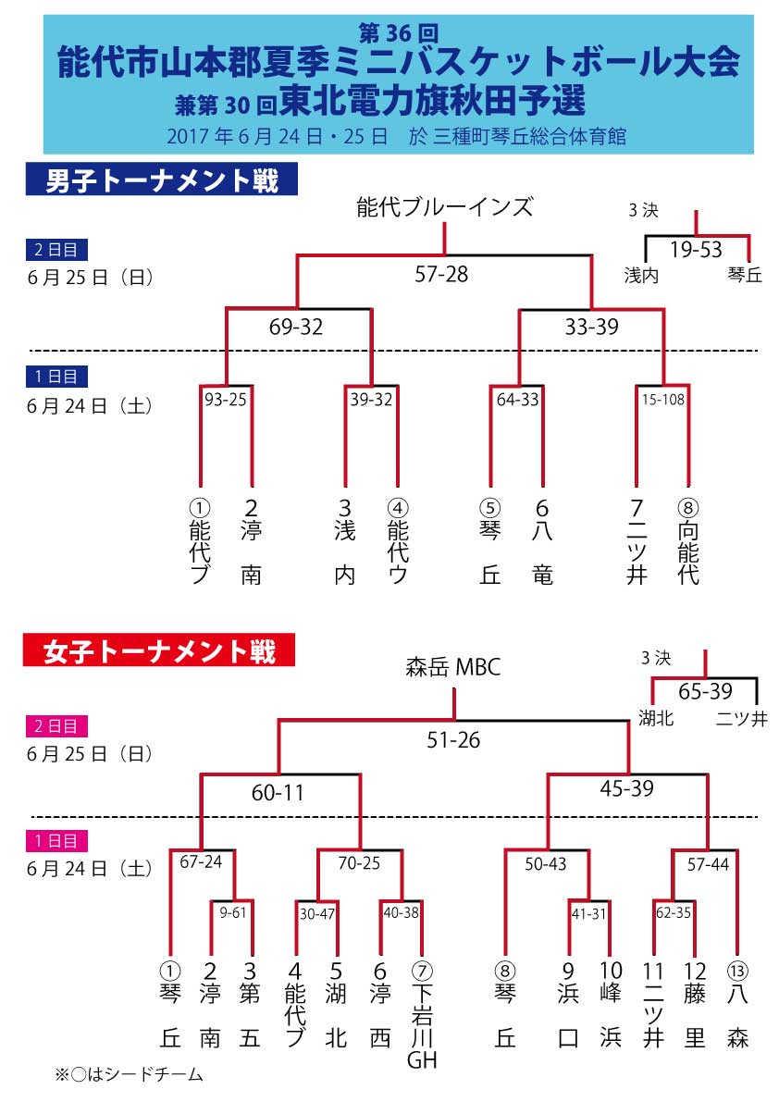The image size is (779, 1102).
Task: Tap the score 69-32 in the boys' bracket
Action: click(297, 327)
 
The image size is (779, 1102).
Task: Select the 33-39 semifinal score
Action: click(590, 327)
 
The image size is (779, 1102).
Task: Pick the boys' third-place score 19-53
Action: click(696, 250)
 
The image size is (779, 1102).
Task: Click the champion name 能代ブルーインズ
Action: click(445, 206)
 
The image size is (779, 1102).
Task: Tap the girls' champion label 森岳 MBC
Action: click(453, 666)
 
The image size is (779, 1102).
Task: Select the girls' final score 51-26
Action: click(453, 740)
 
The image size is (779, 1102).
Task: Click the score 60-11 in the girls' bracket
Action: click(278, 792)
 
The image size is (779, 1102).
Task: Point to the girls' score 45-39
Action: click(626, 788)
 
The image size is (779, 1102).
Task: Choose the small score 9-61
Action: click(232, 912)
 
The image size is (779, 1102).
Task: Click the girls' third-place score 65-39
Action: click(705, 692)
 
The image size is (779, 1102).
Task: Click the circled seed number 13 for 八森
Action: click(737, 972)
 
